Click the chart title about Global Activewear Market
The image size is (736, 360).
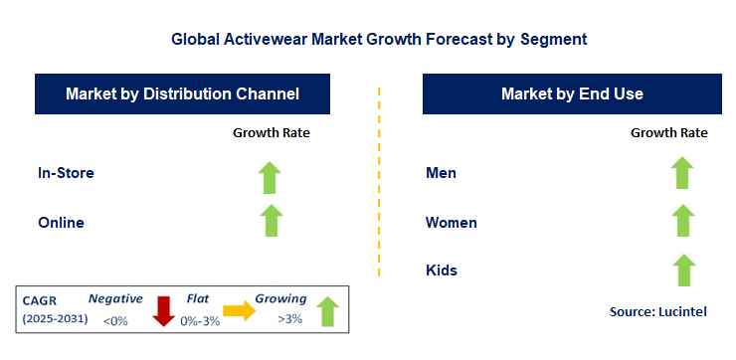click(379, 40)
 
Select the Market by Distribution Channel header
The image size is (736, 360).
click(182, 94)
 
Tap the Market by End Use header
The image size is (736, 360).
click(571, 94)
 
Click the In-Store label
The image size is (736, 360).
click(66, 173)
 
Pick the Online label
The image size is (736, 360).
click(61, 222)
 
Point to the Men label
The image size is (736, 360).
click(441, 173)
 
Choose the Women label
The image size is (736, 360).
click(451, 222)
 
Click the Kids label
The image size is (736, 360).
click(442, 270)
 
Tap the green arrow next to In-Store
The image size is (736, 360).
click(270, 176)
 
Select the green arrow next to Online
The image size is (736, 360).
click(270, 220)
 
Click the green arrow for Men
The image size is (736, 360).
click(681, 172)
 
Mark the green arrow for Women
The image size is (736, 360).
click(681, 220)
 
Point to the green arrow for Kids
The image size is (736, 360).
click(681, 269)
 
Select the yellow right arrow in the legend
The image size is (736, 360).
click(240, 311)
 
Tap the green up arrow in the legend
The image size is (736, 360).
click(327, 313)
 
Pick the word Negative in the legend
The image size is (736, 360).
click(115, 298)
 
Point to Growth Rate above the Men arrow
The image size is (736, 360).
click(668, 132)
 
